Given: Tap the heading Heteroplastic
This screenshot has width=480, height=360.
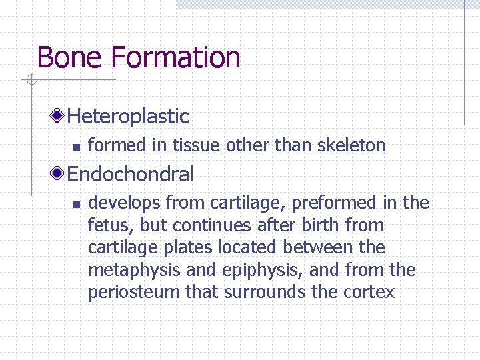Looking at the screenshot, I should tap(128, 117).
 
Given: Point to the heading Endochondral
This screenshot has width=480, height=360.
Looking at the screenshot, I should tap(131, 175).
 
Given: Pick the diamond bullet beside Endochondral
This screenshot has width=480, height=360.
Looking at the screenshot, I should tap(59, 175).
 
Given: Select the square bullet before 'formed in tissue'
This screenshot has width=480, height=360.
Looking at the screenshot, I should tap(76, 146).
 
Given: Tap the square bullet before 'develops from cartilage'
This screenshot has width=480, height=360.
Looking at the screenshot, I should tap(76, 203).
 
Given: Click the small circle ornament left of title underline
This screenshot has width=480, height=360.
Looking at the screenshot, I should tap(31, 81).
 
